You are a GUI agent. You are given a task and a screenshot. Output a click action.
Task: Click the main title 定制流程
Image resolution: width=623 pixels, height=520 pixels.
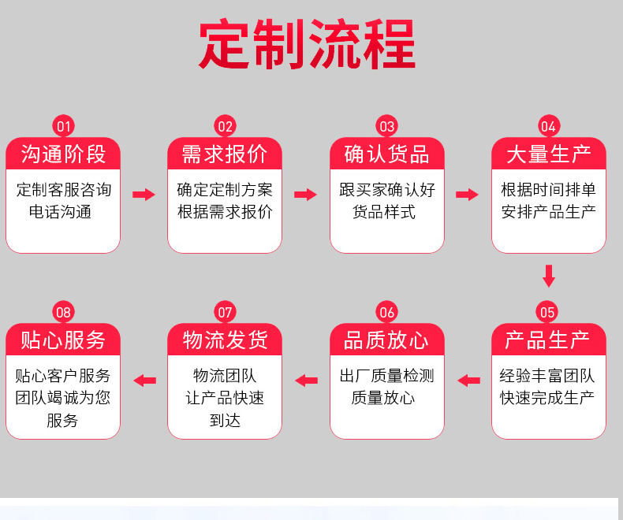[307, 43]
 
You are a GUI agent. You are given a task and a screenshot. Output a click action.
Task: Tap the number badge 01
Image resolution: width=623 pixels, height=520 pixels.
[64, 126]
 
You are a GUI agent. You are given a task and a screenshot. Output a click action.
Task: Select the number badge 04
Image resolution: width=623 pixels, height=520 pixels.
[549, 126]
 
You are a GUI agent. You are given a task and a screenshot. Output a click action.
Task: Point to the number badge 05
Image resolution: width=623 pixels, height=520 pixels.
[547, 312]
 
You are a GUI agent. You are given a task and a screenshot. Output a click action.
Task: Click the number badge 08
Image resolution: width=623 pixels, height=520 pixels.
[64, 312]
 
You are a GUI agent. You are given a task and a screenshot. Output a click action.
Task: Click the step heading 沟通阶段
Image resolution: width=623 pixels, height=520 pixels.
[63, 154]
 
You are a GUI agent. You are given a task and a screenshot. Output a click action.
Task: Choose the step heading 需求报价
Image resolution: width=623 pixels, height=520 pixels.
[225, 154]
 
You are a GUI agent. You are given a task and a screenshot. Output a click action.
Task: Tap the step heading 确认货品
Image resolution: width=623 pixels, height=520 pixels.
[386, 154]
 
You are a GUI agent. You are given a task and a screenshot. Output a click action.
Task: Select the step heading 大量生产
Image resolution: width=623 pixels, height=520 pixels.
[549, 154]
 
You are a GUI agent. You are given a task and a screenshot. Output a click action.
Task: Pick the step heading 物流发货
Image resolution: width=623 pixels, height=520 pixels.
[226, 340]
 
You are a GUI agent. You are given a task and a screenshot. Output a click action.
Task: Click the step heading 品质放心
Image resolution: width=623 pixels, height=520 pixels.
[386, 340]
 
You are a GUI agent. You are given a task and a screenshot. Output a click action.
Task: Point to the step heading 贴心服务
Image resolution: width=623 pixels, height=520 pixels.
[63, 340]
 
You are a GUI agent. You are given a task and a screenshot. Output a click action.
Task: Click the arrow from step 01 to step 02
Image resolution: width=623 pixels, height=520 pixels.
[144, 195]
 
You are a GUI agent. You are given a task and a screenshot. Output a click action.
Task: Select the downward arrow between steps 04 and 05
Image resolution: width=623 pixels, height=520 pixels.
[549, 276]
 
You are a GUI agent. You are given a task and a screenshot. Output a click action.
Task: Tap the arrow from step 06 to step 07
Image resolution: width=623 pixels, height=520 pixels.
[306, 381]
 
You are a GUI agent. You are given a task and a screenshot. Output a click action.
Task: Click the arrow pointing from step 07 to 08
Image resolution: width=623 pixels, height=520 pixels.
[144, 381]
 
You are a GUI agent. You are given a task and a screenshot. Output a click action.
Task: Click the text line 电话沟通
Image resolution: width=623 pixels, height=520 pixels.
[61, 212]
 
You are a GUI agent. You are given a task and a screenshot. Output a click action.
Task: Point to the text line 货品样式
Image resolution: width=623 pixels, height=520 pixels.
[384, 212]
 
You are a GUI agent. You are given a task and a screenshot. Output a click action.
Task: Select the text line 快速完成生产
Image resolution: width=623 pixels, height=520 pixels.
[547, 398]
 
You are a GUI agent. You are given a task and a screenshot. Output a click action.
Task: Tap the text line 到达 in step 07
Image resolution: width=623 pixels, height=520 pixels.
[225, 421]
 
